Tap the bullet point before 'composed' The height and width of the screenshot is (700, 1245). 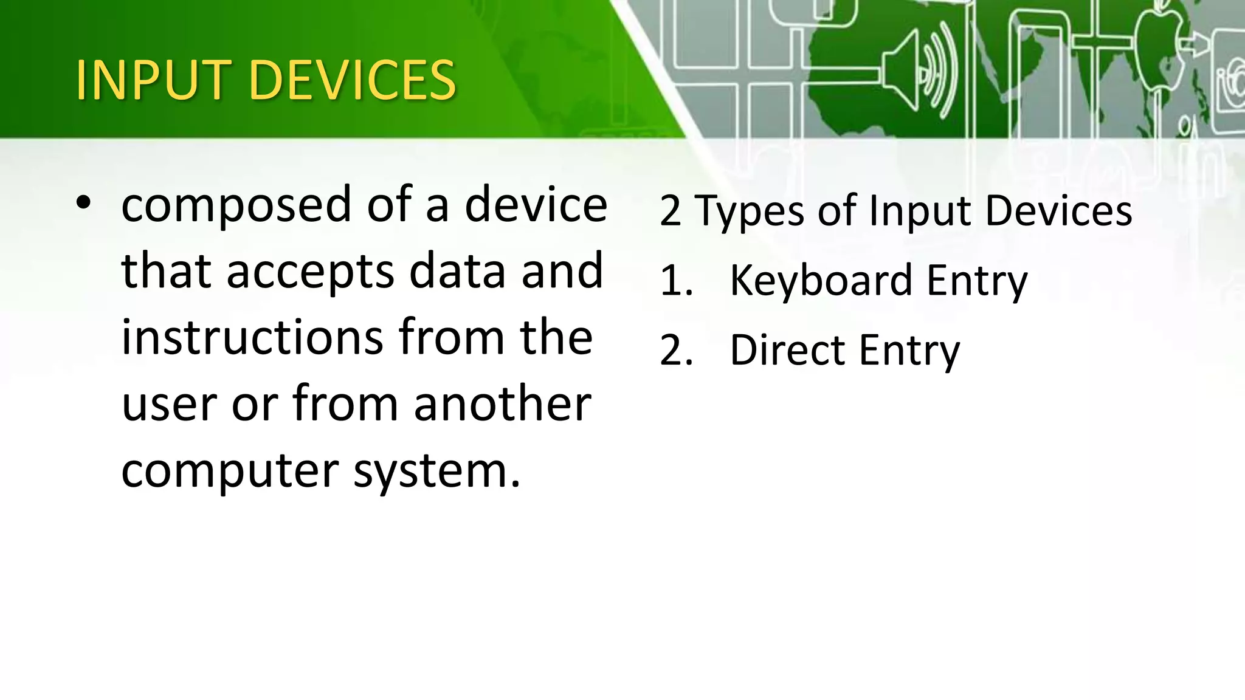[x=84, y=204]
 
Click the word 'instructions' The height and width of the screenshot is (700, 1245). [x=252, y=337]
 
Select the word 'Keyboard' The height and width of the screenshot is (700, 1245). [x=821, y=281]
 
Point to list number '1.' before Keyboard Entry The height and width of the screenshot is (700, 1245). [x=676, y=281]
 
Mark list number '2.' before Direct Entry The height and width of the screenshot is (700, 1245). [x=676, y=351]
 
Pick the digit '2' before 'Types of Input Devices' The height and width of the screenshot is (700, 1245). [x=670, y=211]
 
